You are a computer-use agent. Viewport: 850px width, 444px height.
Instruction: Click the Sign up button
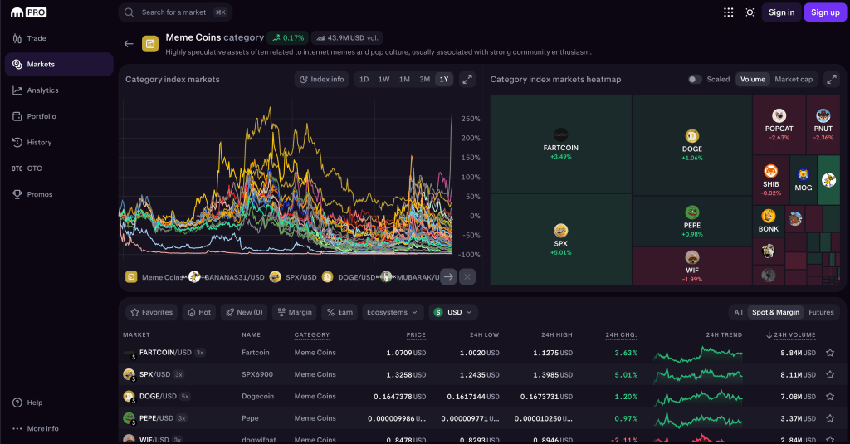825,12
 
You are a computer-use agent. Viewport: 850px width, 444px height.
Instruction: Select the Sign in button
781,12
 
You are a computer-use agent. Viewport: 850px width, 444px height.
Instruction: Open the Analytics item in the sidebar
42,90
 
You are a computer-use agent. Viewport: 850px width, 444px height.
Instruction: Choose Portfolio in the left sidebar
42,116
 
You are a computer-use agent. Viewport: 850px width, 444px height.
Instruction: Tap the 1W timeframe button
383,80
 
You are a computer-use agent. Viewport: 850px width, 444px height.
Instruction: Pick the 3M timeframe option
424,80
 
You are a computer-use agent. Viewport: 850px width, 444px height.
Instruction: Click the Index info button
321,80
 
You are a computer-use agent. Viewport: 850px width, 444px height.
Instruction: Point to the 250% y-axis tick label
470,118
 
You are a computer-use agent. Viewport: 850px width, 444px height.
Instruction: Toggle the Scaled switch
695,80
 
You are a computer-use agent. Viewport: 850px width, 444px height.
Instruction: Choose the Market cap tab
794,80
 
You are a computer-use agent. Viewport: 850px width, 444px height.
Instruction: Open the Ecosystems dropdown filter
392,312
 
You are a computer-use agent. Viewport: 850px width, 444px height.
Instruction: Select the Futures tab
821,312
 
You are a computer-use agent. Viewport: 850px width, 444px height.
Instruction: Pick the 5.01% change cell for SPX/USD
625,374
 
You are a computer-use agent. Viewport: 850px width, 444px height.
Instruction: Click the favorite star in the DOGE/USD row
829,397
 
